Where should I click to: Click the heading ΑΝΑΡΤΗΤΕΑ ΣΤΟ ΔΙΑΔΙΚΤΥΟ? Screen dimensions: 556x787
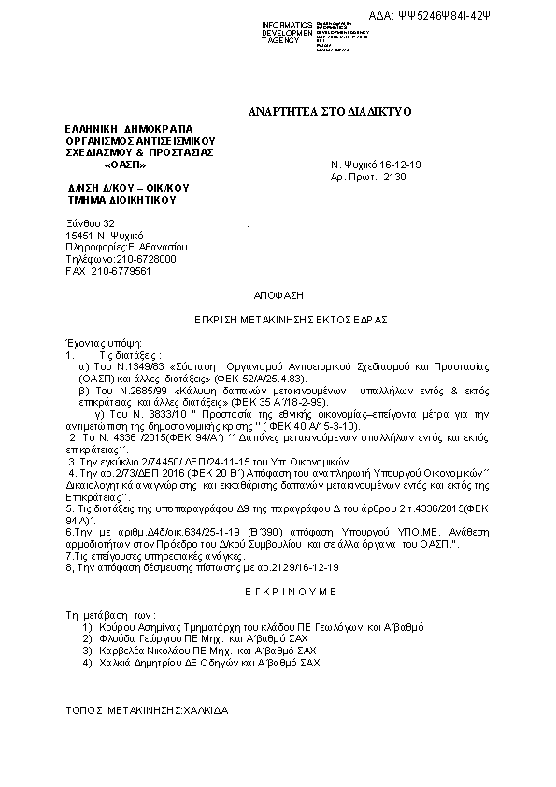(318, 111)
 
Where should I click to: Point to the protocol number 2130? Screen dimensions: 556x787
(395, 176)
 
